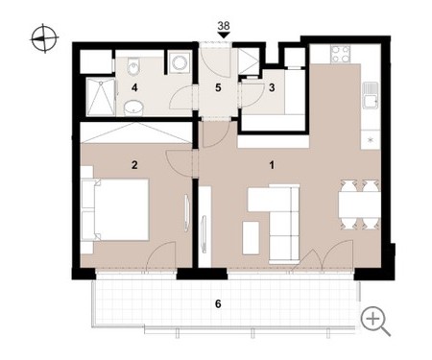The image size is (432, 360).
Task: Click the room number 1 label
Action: [272, 165]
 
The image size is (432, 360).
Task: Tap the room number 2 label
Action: [134, 165]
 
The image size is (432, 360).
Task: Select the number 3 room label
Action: [272, 87]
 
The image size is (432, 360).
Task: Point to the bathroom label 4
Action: [134, 87]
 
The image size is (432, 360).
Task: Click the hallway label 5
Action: [218, 87]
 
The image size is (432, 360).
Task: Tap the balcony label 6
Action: [218, 303]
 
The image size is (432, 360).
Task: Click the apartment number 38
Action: [224, 26]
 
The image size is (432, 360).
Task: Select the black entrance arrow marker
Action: [224, 36]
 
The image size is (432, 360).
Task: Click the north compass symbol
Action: [44, 38]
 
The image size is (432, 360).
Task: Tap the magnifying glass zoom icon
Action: [375, 321]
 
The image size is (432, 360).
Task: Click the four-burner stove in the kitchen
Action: [341, 54]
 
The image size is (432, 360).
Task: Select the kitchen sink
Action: [371, 95]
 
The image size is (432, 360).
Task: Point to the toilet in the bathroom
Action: [132, 66]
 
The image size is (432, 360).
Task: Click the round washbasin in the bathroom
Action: [133, 108]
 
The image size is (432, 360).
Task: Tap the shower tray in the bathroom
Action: [101, 97]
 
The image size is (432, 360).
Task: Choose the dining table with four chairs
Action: [360, 204]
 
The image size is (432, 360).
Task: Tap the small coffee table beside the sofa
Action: [251, 238]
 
